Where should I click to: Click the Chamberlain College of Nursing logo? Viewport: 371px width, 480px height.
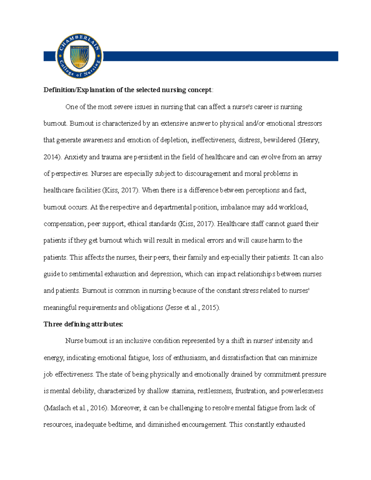[79, 56]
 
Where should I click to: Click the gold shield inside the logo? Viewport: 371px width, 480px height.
[79, 57]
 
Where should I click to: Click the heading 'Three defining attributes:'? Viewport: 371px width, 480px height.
[83, 324]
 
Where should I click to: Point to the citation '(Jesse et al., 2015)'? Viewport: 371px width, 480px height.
[192, 308]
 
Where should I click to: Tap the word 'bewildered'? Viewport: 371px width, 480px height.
[279, 140]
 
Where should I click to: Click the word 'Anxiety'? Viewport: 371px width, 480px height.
[75, 157]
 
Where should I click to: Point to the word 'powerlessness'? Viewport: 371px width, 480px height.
[302, 391]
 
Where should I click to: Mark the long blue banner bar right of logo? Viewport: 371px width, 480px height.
[220, 56]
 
